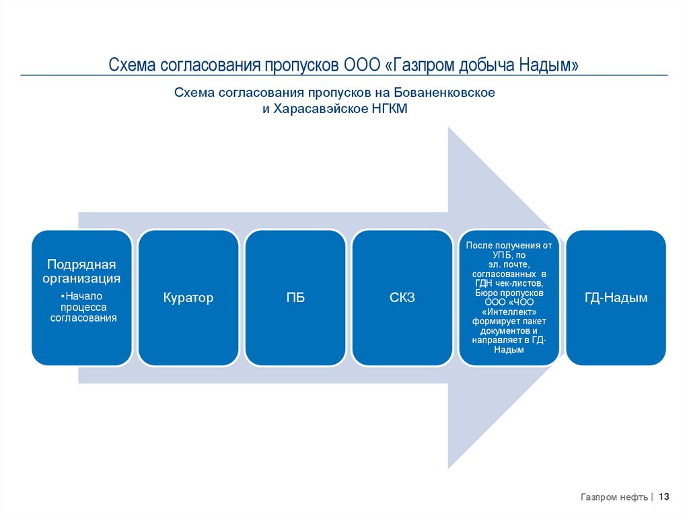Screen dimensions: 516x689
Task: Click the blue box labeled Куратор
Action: point(188,297)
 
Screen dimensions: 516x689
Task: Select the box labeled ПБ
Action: point(295,297)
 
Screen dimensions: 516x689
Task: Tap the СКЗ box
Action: point(402,297)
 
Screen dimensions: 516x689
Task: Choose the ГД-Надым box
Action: point(616,297)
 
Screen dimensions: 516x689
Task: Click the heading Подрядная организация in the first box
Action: point(81,271)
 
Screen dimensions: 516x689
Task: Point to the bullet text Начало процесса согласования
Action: point(83,307)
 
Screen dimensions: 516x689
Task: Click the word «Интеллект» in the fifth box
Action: point(509,312)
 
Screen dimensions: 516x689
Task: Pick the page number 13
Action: point(663,496)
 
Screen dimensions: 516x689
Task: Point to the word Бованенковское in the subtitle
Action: point(445,92)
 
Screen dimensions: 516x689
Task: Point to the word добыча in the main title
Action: point(486,65)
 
